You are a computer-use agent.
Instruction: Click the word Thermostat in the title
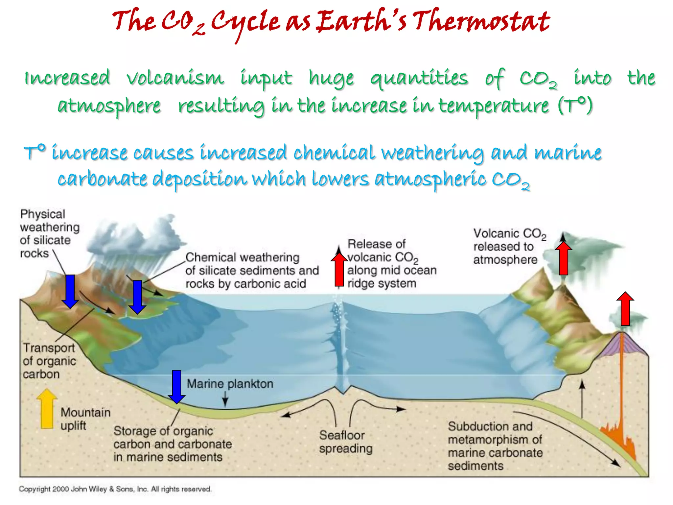pyautogui.click(x=481, y=21)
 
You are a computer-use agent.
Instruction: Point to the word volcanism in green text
pyautogui.click(x=175, y=78)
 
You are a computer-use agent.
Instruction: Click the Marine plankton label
pyautogui.click(x=230, y=384)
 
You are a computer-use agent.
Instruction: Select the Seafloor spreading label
pyautogui.click(x=346, y=442)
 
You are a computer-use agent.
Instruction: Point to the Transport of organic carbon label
pyautogui.click(x=49, y=361)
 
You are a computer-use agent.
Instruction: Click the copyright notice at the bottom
pyautogui.click(x=115, y=489)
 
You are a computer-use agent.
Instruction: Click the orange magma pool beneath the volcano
pyautogui.click(x=618, y=434)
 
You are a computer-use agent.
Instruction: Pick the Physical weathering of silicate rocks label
pyautogui.click(x=49, y=234)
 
